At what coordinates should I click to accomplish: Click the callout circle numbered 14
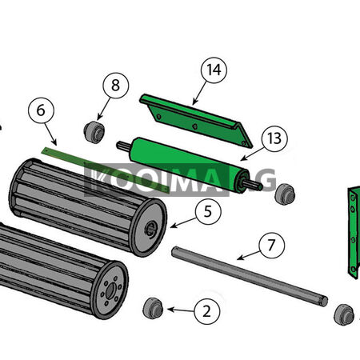(x=214, y=70)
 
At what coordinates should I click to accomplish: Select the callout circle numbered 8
(x=116, y=86)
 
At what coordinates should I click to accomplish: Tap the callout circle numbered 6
(x=41, y=110)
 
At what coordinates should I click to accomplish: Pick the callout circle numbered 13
(x=274, y=138)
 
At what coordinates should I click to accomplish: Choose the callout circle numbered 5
(x=208, y=211)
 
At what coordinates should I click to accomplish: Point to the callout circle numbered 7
(x=271, y=245)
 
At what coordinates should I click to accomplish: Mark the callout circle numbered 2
(x=207, y=311)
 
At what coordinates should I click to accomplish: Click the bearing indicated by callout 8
(x=94, y=132)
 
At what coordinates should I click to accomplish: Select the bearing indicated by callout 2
(x=153, y=308)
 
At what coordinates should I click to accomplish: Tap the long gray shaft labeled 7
(x=250, y=276)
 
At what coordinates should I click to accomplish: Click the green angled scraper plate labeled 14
(x=196, y=121)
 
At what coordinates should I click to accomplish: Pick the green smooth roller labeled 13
(x=190, y=165)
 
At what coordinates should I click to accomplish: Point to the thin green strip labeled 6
(x=106, y=170)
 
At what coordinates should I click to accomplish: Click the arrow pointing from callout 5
(x=183, y=222)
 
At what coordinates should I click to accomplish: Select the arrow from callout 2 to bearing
(x=181, y=310)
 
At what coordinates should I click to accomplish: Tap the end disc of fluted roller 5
(x=149, y=228)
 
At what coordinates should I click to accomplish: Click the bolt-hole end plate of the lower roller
(x=110, y=290)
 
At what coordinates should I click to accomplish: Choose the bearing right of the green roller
(x=285, y=194)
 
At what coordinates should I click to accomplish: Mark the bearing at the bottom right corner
(x=344, y=314)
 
